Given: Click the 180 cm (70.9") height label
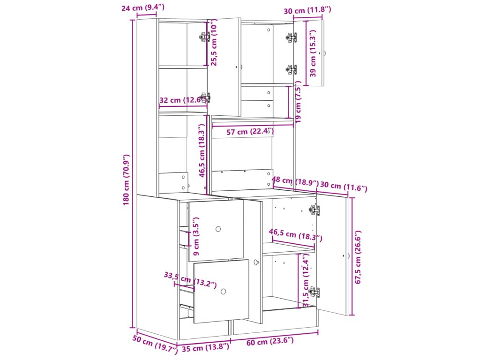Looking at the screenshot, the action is [x=127, y=180].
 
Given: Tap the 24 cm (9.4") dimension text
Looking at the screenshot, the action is [x=142, y=7].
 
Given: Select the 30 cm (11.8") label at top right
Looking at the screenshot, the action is [x=307, y=10].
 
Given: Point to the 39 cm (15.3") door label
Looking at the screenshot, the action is [x=313, y=53].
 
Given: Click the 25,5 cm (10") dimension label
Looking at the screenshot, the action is [x=214, y=42].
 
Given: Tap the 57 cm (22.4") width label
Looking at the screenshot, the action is [x=250, y=132].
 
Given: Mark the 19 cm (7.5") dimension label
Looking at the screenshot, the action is [x=298, y=102].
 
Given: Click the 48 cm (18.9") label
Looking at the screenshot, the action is [x=295, y=181].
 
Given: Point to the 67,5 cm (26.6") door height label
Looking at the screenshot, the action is [x=358, y=257].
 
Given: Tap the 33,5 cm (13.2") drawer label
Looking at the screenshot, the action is [x=190, y=280].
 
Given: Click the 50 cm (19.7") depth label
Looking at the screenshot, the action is [x=155, y=344].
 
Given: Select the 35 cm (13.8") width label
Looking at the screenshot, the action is [x=205, y=348].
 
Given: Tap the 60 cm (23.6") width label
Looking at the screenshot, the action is [x=270, y=341].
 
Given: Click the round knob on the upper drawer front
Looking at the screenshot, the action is [x=218, y=229].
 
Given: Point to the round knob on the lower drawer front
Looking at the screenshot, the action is [x=223, y=292].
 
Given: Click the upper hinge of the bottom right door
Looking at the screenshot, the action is [x=315, y=210].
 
